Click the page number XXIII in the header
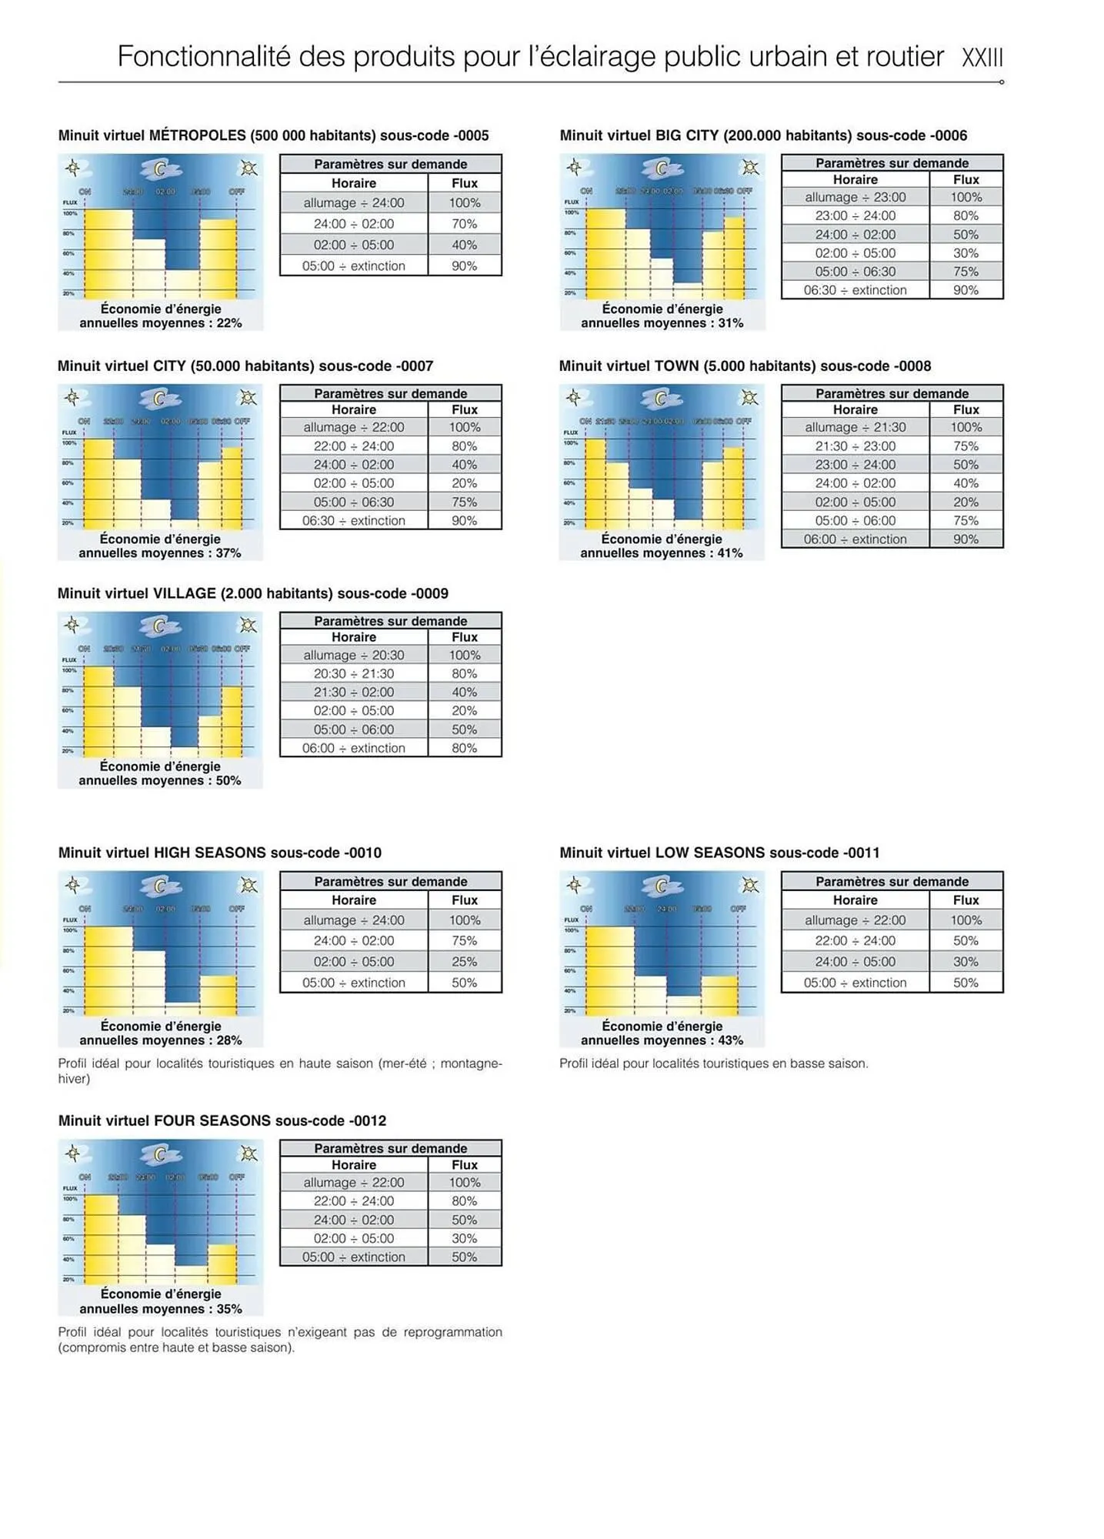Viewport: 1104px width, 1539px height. click(x=982, y=58)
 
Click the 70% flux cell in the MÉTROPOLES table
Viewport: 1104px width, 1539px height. click(x=464, y=224)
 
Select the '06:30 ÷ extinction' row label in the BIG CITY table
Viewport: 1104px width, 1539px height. click(x=855, y=290)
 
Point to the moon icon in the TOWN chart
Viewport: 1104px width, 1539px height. click(x=660, y=398)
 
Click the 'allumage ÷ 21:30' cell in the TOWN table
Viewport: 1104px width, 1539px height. click(x=855, y=427)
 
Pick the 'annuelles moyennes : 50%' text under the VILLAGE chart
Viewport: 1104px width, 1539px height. click(x=159, y=780)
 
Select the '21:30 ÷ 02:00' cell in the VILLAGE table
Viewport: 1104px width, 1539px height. click(x=353, y=692)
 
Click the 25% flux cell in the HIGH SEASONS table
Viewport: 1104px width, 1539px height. click(x=464, y=962)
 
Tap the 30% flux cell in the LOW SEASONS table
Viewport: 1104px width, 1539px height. click(x=966, y=962)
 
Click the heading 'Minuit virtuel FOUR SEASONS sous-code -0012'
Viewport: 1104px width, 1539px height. click(x=222, y=1121)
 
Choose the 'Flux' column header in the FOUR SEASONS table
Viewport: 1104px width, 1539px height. click(x=464, y=1165)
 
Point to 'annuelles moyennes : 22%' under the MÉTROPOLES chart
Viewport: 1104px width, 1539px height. click(x=160, y=323)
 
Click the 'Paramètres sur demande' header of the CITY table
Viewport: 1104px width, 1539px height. click(x=390, y=393)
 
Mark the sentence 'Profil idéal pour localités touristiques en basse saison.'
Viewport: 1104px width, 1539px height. click(x=713, y=1063)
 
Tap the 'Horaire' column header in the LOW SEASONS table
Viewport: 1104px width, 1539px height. click(x=855, y=900)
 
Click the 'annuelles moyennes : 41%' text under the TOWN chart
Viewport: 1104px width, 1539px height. click(x=661, y=553)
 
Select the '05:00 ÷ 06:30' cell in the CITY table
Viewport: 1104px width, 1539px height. click(x=353, y=502)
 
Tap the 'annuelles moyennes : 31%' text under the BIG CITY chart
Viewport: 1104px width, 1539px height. click(x=662, y=323)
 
